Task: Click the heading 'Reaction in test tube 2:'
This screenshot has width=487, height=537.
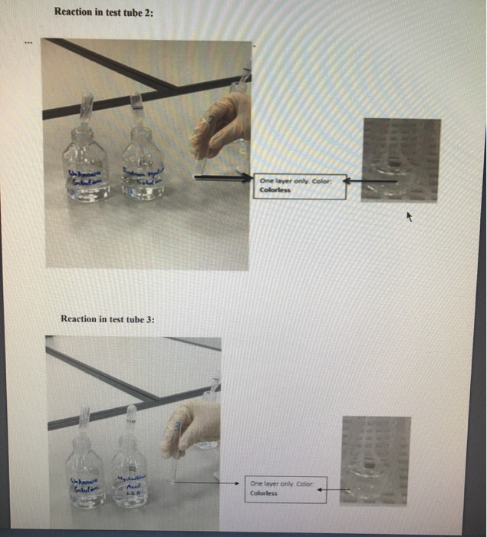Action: point(104,12)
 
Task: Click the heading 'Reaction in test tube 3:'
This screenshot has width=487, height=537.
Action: point(107,318)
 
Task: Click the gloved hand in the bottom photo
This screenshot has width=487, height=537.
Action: point(191,427)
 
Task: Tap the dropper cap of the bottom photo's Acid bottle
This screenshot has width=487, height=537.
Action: point(130,420)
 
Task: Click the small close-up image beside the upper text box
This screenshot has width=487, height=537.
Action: point(400,159)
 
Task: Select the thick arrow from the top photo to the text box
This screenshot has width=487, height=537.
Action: point(222,178)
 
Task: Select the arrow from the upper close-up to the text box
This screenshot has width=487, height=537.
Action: point(372,181)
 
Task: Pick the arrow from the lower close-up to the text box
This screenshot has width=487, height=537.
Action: point(333,489)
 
